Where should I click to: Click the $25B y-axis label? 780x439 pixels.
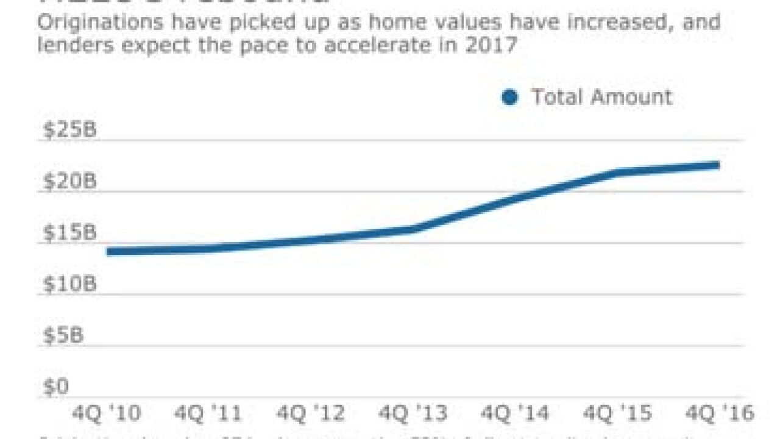pyautogui.click(x=69, y=130)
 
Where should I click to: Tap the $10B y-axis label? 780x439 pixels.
pyautogui.click(x=69, y=285)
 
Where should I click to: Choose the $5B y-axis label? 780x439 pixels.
pyautogui.click(x=63, y=336)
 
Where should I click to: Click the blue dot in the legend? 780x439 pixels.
pyautogui.click(x=509, y=97)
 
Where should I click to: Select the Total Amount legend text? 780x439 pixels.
pyautogui.click(x=601, y=97)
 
